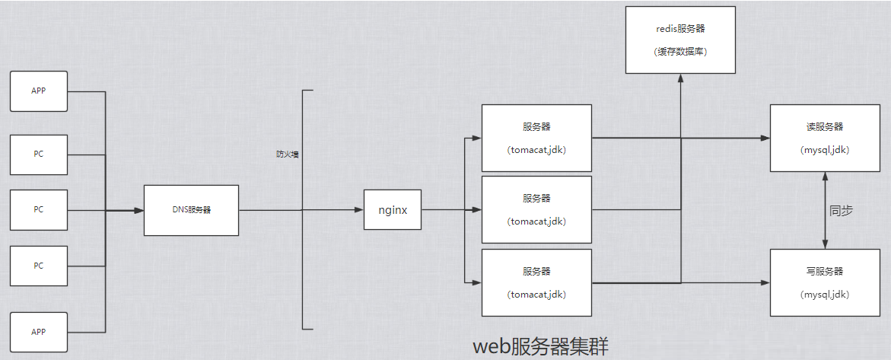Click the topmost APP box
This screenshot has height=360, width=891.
[39, 91]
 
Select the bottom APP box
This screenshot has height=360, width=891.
[39, 332]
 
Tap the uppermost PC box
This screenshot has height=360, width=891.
[39, 155]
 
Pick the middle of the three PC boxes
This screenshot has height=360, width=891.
[39, 209]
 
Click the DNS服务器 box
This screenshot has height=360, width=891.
[191, 210]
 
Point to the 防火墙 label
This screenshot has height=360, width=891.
[287, 155]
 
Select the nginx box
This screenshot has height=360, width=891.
[393, 209]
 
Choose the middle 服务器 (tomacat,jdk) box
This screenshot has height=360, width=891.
[536, 210]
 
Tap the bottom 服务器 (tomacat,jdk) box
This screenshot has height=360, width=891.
[536, 282]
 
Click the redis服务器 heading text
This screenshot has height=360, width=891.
[680, 29]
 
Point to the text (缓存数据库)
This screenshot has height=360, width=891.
[680, 52]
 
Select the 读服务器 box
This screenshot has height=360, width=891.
[825, 138]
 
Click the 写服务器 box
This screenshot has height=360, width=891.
[825, 282]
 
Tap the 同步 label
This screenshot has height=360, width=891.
[841, 211]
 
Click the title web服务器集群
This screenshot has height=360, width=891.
[541, 346]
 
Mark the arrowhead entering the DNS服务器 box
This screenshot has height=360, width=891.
[138, 210]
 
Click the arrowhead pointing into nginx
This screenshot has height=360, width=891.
[358, 210]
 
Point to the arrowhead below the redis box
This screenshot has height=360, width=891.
[680, 79]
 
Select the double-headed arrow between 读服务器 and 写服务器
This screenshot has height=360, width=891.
[825, 210]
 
